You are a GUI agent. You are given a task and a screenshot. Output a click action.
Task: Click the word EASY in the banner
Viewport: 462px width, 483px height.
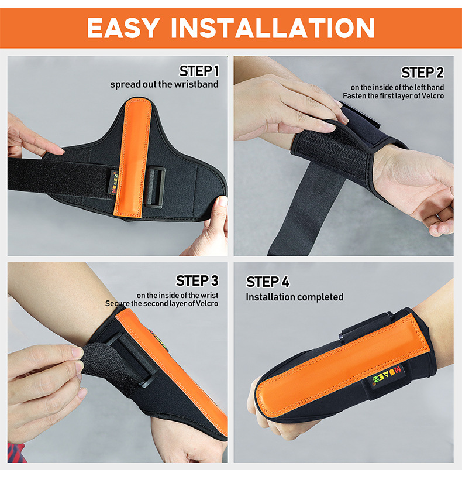coord(123,28)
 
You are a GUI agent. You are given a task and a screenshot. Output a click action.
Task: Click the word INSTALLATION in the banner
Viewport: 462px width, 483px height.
coord(273,28)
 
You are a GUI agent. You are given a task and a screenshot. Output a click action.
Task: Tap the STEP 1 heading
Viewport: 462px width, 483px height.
coord(199,71)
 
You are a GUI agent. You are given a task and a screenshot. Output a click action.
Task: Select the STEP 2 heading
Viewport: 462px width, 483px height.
coord(423,73)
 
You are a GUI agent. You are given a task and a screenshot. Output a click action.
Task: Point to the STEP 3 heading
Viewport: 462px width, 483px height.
coord(197,280)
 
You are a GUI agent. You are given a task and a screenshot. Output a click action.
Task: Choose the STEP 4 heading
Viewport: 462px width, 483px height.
coord(268,282)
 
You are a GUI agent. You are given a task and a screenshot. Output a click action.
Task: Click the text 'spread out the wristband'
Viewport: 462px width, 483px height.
coord(164,84)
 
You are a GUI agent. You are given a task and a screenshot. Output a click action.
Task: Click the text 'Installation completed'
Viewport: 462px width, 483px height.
coord(295,297)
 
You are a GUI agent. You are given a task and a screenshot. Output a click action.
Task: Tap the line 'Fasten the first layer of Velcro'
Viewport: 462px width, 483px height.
coord(394,96)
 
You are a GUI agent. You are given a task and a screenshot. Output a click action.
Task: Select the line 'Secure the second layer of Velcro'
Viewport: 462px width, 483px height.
coord(161,304)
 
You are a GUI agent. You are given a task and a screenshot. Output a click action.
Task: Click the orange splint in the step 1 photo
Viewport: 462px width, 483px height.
coord(132,157)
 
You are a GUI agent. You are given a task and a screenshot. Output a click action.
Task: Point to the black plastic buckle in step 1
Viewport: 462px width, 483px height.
coord(154,187)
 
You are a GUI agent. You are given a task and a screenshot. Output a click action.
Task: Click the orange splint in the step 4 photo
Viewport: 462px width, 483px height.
coord(343,366)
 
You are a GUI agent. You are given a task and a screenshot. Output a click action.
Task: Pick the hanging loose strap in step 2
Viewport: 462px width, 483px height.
coord(306,210)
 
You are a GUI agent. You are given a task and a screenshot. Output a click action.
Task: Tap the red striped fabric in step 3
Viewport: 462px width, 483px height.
coord(16,453)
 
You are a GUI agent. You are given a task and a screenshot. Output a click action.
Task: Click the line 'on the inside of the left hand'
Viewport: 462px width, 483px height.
coord(397,87)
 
